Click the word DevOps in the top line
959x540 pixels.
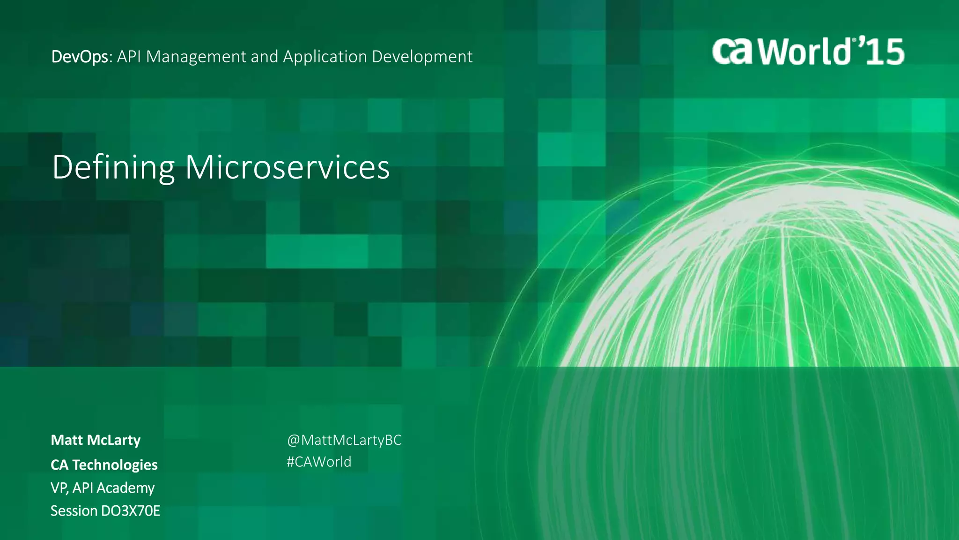[x=80, y=57]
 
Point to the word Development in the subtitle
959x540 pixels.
[x=422, y=57]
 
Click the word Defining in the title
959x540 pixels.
[x=113, y=167]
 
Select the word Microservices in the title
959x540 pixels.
[x=287, y=167]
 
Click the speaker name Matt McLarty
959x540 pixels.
[x=96, y=440]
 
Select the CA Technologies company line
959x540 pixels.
[x=104, y=465]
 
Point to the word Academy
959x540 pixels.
[x=125, y=488]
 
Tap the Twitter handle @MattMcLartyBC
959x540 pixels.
[x=344, y=440]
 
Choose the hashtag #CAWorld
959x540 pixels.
[x=319, y=462]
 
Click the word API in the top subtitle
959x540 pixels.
[x=129, y=57]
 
